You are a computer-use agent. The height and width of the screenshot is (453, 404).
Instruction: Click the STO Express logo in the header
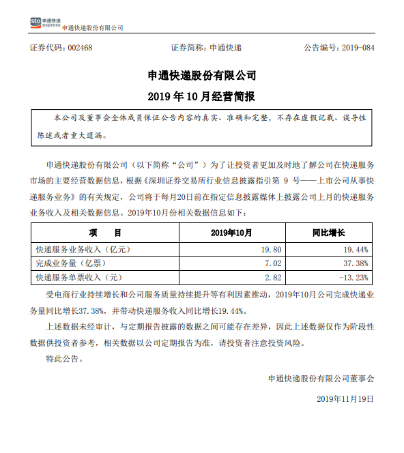pos(44,23)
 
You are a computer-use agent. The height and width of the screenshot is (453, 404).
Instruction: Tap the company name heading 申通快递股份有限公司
pos(202,74)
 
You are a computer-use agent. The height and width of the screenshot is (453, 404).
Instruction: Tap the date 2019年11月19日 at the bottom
pos(346,398)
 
